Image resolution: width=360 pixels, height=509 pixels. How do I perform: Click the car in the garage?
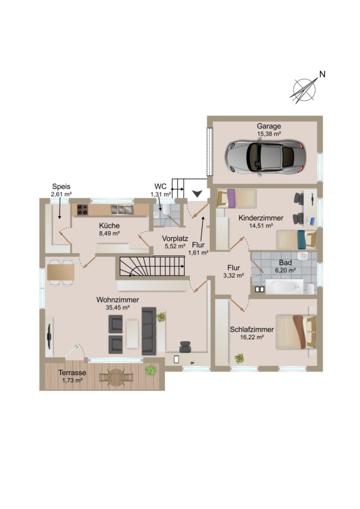point(265,157)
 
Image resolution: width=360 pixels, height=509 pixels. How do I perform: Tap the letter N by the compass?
point(322,74)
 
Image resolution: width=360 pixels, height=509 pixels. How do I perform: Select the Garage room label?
point(269,126)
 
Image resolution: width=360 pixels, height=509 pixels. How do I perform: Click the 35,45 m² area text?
point(118,308)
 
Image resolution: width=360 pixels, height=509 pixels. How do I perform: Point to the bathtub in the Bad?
point(284,287)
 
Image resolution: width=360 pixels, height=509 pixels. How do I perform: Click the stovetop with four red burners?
point(83,210)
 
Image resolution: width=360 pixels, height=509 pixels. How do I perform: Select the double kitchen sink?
point(122,210)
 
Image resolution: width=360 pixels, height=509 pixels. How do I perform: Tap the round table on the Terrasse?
point(116,378)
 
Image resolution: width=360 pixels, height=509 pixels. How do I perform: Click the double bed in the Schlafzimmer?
point(296,332)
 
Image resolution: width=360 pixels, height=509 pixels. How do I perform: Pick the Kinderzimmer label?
point(261,218)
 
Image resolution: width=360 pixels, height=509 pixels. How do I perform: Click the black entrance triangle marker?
point(197,194)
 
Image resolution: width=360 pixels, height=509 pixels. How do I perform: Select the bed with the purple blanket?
point(237,199)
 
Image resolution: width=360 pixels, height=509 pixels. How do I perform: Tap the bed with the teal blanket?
point(296,240)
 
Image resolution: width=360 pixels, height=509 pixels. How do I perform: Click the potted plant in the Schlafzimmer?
point(239,359)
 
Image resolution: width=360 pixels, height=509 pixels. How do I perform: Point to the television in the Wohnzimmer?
point(49,337)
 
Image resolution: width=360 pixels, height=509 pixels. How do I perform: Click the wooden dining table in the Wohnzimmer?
point(61,273)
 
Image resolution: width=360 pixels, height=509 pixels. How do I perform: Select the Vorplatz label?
point(175,239)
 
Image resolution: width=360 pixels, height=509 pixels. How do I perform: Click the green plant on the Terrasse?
point(151,370)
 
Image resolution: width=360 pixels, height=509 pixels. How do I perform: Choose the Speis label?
point(61,187)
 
